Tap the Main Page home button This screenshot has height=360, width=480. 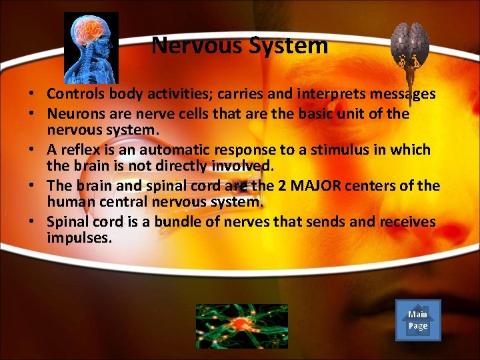click(x=418, y=321)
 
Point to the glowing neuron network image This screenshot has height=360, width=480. click(x=241, y=326)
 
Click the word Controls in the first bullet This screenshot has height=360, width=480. click(x=75, y=95)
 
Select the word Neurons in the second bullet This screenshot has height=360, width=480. click(x=73, y=114)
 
